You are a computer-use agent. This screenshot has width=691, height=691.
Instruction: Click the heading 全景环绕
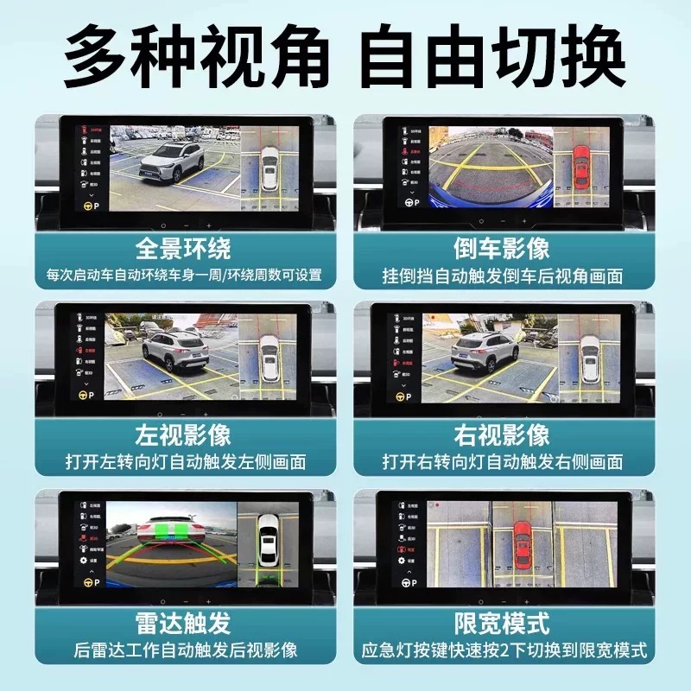click(183, 250)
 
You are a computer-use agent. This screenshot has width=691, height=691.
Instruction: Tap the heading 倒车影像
click(502, 250)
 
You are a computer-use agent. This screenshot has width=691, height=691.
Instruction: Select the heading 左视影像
click(183, 434)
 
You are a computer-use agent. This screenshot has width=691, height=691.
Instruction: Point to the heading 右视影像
click(502, 434)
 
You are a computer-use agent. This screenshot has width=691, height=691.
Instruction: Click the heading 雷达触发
click(183, 621)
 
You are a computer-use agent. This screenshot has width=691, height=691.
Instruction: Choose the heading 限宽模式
click(502, 621)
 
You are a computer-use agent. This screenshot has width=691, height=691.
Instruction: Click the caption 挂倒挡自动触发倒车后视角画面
click(502, 277)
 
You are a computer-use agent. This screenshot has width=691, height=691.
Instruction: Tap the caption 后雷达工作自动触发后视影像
click(183, 650)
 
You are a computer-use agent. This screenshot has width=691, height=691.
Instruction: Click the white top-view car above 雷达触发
click(269, 540)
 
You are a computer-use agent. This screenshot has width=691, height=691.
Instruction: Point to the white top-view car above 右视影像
click(590, 358)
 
